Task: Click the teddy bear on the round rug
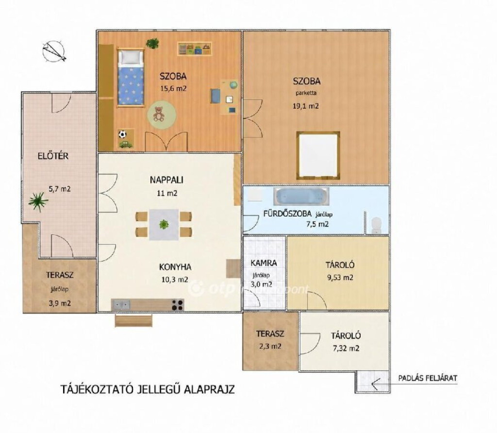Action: [159, 114]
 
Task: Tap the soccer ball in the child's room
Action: [122, 134]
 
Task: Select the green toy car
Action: [126, 144]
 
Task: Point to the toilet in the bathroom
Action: [376, 225]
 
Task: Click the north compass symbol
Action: [54, 51]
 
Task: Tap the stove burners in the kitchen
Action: [178, 305]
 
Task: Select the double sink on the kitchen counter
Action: [121, 305]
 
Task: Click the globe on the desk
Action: [233, 85]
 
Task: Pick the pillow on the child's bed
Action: [130, 57]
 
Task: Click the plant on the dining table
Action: [164, 224]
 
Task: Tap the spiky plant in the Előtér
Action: [38, 202]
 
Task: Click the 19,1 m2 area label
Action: [306, 106]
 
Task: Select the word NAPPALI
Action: [167, 180]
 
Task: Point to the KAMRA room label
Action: [264, 263]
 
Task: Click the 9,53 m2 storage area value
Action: [340, 278]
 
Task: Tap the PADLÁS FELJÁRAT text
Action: [428, 378]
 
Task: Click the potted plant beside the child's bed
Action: [152, 43]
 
